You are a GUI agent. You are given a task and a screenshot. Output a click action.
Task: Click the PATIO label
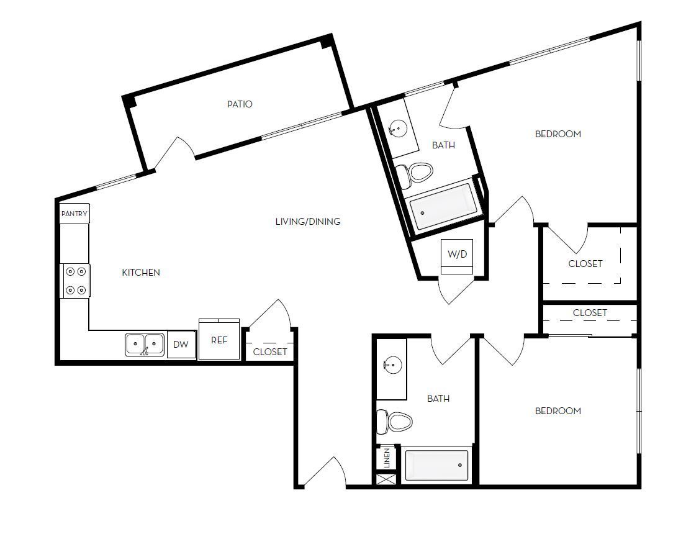[x=240, y=104]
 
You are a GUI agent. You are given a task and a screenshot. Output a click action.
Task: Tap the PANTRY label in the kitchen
[x=74, y=214]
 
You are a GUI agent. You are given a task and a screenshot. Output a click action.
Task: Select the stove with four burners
[x=75, y=281]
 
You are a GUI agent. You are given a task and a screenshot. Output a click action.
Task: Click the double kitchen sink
[x=145, y=345]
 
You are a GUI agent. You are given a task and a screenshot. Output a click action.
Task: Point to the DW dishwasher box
[x=181, y=345]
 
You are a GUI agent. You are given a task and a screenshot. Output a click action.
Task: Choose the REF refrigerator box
[x=219, y=340]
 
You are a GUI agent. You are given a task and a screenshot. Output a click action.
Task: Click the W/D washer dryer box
[x=457, y=255]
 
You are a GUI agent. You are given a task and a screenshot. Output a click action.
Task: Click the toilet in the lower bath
[x=395, y=422]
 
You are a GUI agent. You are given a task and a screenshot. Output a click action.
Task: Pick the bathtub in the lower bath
[x=437, y=465]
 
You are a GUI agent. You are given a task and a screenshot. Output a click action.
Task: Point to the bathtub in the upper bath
[x=445, y=207]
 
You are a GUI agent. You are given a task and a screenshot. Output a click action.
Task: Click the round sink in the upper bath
[x=395, y=129]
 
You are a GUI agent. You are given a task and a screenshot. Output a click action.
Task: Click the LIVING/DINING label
[x=308, y=222]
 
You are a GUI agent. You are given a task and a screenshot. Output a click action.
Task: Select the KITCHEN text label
[x=141, y=273]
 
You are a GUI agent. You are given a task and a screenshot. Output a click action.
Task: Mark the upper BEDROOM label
[x=558, y=134]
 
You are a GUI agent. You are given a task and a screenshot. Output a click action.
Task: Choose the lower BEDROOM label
[x=558, y=411]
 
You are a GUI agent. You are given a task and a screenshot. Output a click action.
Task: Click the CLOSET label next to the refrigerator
[x=270, y=351]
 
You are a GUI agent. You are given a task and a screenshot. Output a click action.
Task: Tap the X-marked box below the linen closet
[x=386, y=479]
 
